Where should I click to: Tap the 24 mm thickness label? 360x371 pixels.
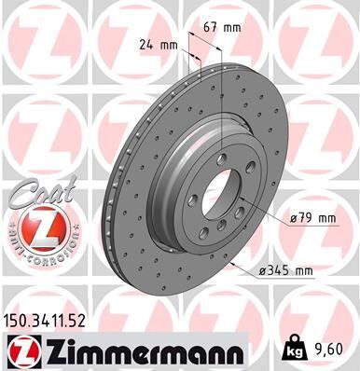coord(157,44)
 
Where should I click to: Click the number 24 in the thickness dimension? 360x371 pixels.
coord(146,44)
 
